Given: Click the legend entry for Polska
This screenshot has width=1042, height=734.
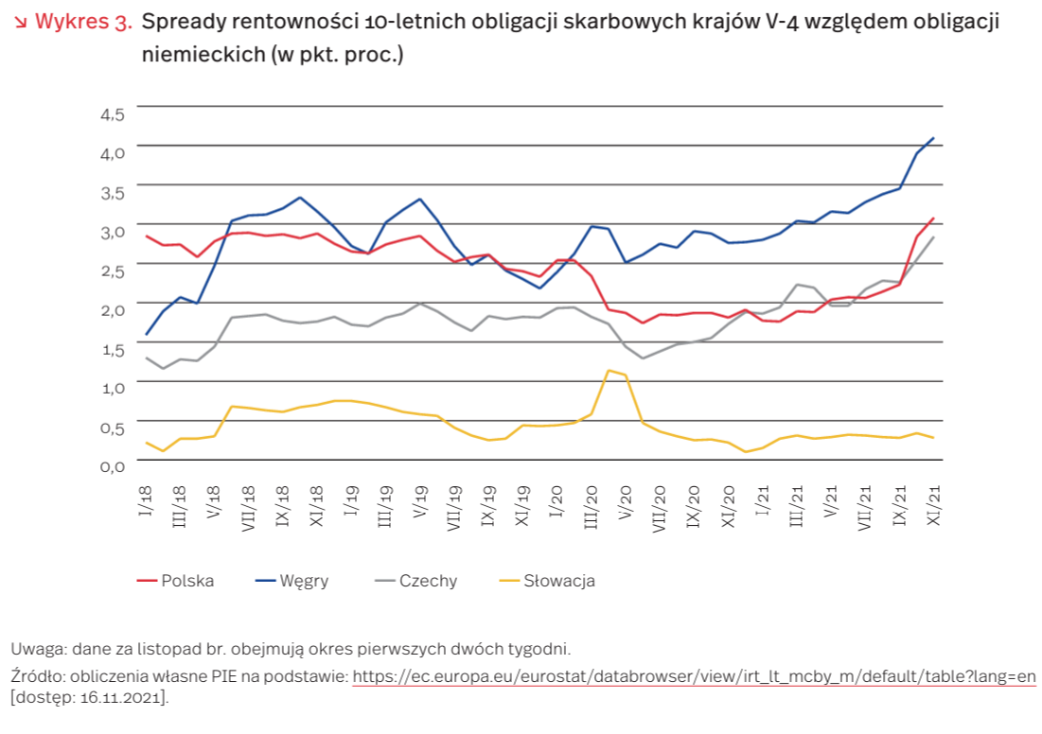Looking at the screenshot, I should click(x=187, y=581).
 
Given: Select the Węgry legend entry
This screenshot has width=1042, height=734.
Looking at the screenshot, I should click(x=304, y=581).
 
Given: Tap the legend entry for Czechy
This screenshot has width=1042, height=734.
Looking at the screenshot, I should click(x=428, y=581).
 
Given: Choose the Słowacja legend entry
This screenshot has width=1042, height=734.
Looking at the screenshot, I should click(x=558, y=581).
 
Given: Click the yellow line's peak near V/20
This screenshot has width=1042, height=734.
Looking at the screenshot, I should click(x=609, y=370).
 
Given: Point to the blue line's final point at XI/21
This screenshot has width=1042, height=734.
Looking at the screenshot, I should click(x=934, y=138).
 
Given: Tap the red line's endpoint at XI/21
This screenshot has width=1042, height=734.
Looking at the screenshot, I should click(x=934, y=218).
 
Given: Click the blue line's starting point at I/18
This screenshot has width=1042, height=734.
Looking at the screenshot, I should click(x=147, y=334).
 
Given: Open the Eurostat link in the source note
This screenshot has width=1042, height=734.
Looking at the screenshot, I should click(x=694, y=676).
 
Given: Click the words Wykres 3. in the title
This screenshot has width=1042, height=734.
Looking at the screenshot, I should click(x=83, y=22).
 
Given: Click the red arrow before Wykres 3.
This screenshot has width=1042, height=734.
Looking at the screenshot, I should click(x=22, y=22).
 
